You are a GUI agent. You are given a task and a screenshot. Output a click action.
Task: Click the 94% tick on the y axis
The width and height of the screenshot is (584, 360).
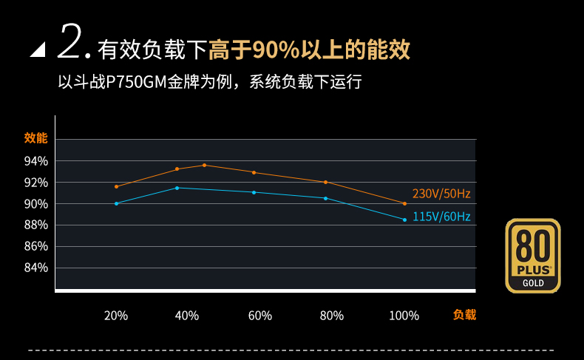(35, 161)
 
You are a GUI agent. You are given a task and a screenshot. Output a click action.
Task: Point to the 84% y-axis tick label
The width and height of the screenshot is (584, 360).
(35, 268)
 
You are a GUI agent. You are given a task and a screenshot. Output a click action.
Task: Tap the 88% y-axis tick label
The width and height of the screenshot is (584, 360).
(35, 225)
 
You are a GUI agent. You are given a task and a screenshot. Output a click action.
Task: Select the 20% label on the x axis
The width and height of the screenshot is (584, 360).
(116, 316)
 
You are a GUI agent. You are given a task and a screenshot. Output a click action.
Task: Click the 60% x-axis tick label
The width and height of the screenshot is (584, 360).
(260, 316)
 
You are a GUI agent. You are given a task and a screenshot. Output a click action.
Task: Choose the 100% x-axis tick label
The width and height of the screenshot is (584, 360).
(404, 316)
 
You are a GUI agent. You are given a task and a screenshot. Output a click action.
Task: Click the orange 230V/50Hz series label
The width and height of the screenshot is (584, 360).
(441, 194)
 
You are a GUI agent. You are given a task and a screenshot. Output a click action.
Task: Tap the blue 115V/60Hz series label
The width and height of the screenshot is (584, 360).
(441, 217)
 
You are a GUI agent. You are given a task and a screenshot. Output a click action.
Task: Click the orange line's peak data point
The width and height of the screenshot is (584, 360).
(204, 165)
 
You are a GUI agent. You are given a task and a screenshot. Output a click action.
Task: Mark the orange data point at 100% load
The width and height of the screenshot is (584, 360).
(405, 203)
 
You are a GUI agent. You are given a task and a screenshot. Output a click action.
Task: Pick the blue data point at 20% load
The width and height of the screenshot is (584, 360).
(116, 203)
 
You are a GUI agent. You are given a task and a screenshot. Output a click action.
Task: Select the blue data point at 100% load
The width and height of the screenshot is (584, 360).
(405, 220)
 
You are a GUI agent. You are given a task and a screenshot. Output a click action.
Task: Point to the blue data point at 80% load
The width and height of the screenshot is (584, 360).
(325, 198)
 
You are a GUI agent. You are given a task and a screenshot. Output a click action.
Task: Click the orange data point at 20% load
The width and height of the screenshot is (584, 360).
(116, 186)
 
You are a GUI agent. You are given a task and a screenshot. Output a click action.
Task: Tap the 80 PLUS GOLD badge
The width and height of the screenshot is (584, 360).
(533, 255)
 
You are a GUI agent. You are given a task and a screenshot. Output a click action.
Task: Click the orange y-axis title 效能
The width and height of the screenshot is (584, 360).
(35, 138)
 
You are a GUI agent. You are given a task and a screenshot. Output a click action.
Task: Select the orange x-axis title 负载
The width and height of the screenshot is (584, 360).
(464, 315)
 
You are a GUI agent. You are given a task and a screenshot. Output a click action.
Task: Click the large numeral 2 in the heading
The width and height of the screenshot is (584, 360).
(69, 42)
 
